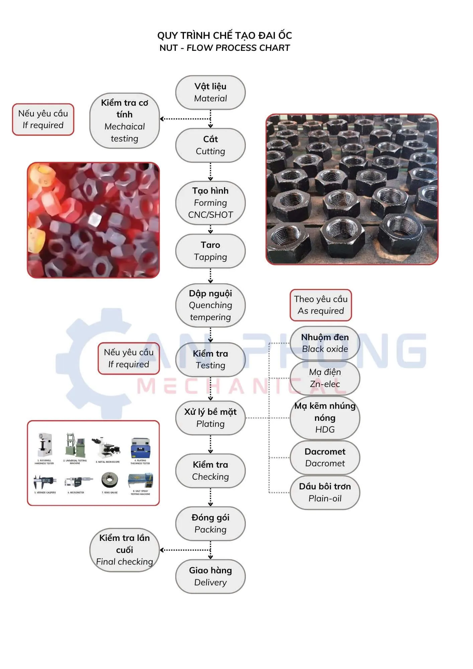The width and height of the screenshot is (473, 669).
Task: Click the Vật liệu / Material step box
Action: tap(210, 92)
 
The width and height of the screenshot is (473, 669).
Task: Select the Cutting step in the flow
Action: tap(210, 145)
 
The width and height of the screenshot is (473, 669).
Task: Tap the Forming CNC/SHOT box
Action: tap(210, 203)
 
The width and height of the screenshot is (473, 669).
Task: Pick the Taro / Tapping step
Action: tap(210, 251)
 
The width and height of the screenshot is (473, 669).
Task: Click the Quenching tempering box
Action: tap(210, 305)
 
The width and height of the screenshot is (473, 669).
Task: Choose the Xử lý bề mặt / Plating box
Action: tap(210, 418)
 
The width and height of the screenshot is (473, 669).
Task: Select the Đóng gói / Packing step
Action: tap(210, 523)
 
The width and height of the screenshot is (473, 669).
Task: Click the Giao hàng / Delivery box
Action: tap(210, 576)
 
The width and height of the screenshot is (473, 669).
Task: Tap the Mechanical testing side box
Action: tap(124, 120)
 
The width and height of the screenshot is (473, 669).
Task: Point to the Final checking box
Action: tap(124, 550)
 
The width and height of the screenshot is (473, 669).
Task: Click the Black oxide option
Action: tap(325, 343)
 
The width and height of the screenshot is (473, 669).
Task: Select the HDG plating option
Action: tap(325, 417)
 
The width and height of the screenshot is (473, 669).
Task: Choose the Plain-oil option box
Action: tap(325, 492)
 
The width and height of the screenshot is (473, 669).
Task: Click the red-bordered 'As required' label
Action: tap(320, 305)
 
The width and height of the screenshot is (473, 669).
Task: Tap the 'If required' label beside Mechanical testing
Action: tap(43, 119)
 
